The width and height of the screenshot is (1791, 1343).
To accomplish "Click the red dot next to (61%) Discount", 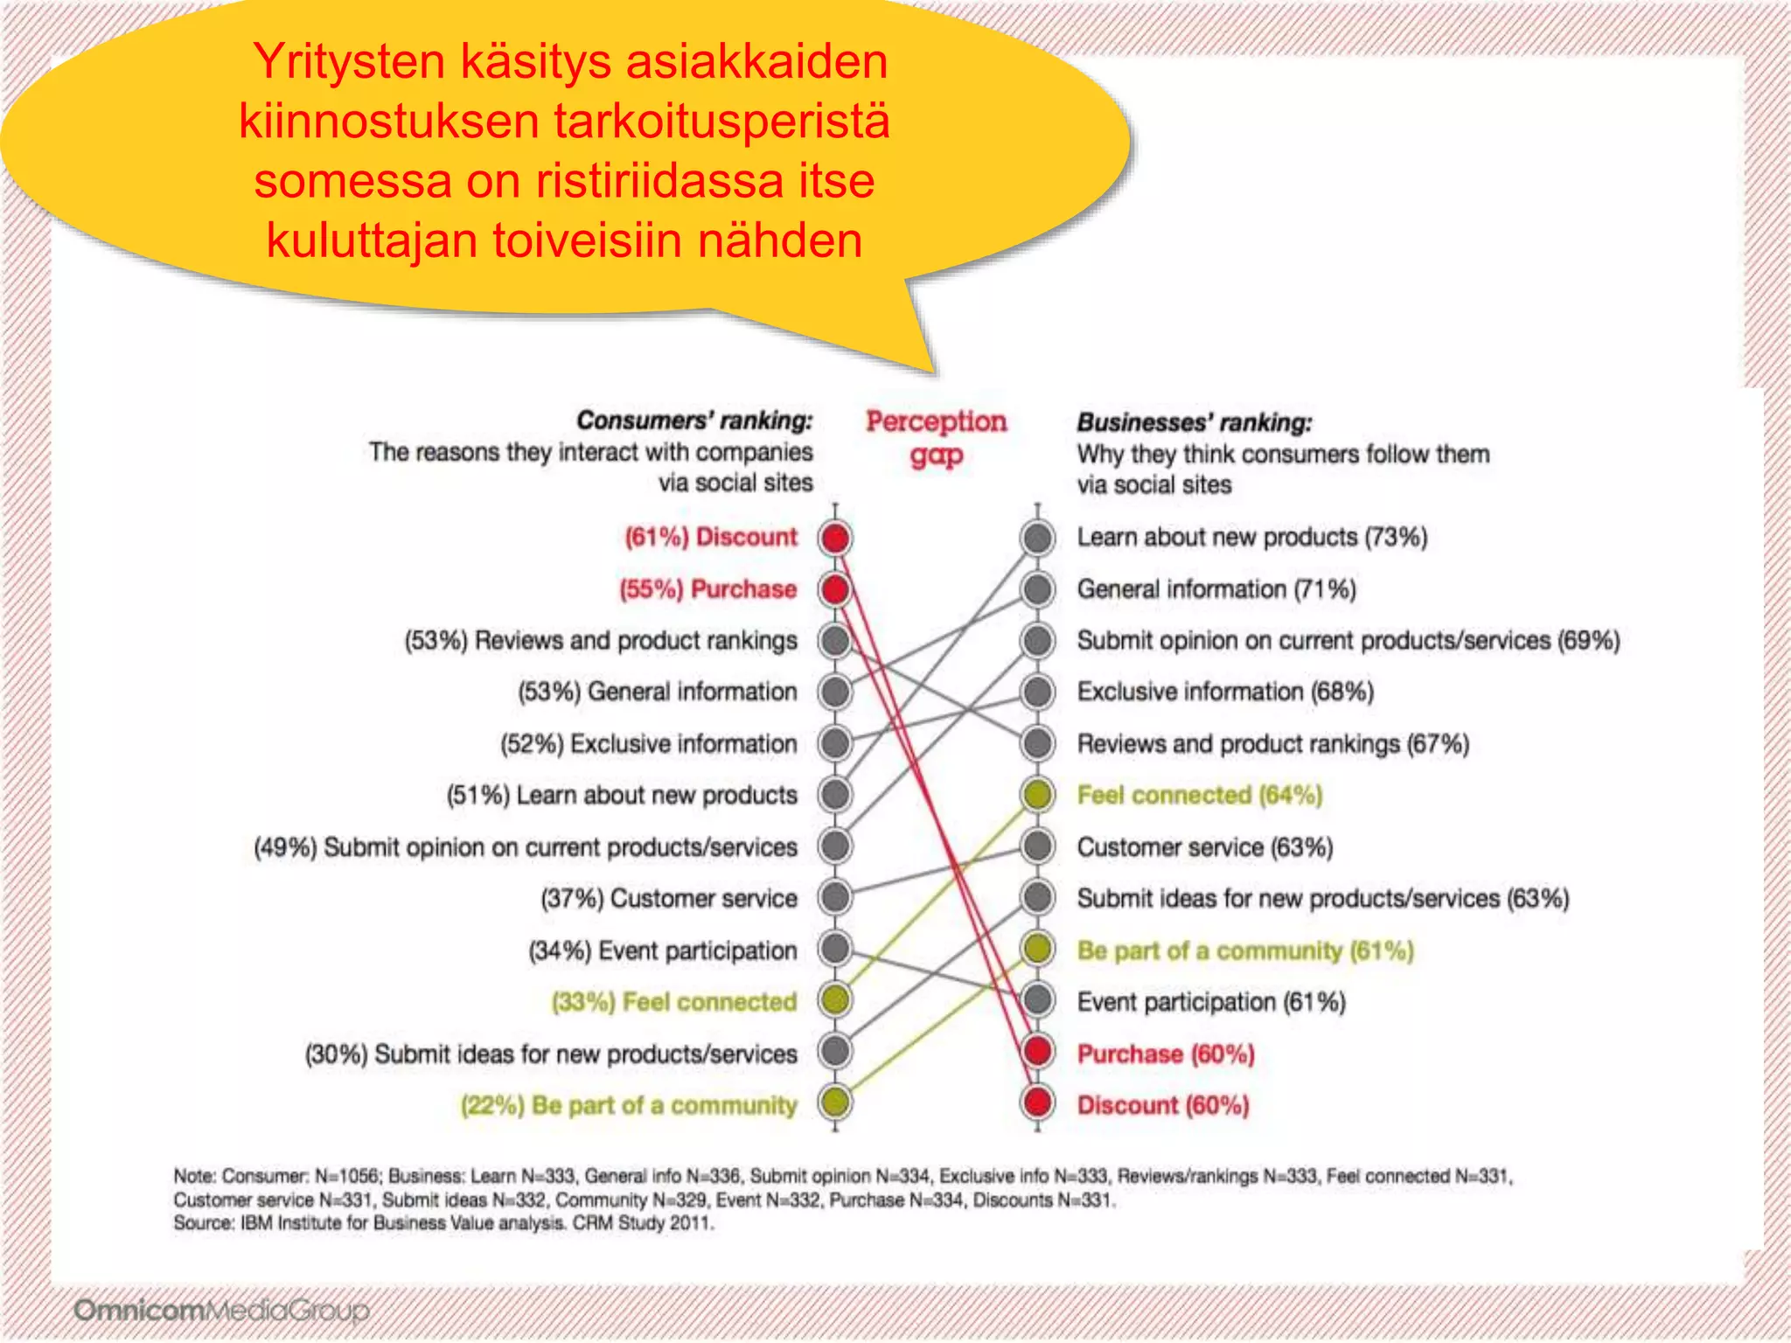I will click(835, 538).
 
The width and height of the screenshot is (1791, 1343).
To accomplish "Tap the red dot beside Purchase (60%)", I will click(1037, 1052).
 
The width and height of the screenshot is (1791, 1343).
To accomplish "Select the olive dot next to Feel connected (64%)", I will click(1037, 795).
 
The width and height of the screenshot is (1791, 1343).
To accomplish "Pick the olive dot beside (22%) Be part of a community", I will click(835, 1103).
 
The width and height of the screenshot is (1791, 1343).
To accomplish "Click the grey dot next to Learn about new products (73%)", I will click(1037, 538).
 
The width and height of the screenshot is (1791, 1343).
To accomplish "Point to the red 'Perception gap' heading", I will click(936, 437).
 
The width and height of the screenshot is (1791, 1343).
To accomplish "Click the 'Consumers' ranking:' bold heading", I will click(694, 421).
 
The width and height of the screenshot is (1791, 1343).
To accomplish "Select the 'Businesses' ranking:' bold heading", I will click(1194, 422).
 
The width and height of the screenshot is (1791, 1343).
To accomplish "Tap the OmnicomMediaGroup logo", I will click(221, 1311).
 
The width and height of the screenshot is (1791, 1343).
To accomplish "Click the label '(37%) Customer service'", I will click(669, 898).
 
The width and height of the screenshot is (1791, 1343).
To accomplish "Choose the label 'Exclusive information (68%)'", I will click(1225, 692).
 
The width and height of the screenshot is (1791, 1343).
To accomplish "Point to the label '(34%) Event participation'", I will click(663, 950).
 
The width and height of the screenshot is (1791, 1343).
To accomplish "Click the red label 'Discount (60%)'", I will click(1162, 1105).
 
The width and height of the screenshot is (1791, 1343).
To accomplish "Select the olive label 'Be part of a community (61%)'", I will click(1244, 950).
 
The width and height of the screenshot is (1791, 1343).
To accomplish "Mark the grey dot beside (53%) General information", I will click(835, 692).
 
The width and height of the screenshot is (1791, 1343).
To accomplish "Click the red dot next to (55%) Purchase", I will click(835, 589).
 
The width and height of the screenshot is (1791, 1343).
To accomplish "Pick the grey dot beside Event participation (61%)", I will click(1037, 1000).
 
